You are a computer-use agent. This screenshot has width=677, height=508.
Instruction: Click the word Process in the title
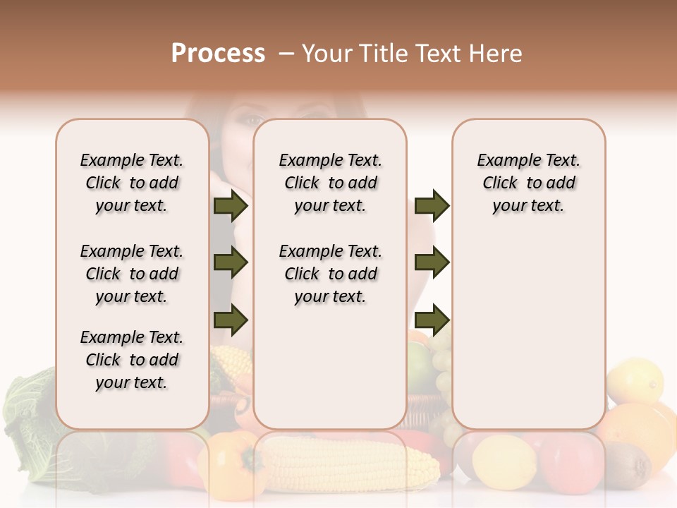click(218, 54)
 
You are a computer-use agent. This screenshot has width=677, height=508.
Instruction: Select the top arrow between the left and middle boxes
click(231, 206)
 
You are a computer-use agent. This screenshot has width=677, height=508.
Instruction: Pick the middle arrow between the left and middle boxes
click(231, 263)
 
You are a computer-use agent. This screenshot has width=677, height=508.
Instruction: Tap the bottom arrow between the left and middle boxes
click(231, 320)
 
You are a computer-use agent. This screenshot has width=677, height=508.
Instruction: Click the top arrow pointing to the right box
click(432, 206)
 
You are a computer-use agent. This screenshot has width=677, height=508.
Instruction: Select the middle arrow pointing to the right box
click(432, 263)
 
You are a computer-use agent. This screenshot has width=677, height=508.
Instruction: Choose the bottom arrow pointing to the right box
click(432, 320)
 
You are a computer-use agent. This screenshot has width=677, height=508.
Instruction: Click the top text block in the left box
click(132, 183)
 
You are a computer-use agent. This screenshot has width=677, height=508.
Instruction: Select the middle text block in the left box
click(132, 274)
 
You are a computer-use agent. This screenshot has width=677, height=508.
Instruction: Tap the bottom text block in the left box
click(132, 360)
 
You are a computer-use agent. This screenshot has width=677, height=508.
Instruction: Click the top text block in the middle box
click(330, 183)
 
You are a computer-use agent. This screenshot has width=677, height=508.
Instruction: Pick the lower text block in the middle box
click(330, 274)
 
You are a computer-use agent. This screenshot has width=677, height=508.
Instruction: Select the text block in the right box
click(528, 183)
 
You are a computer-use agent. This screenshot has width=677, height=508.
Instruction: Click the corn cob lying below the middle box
click(353, 462)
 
